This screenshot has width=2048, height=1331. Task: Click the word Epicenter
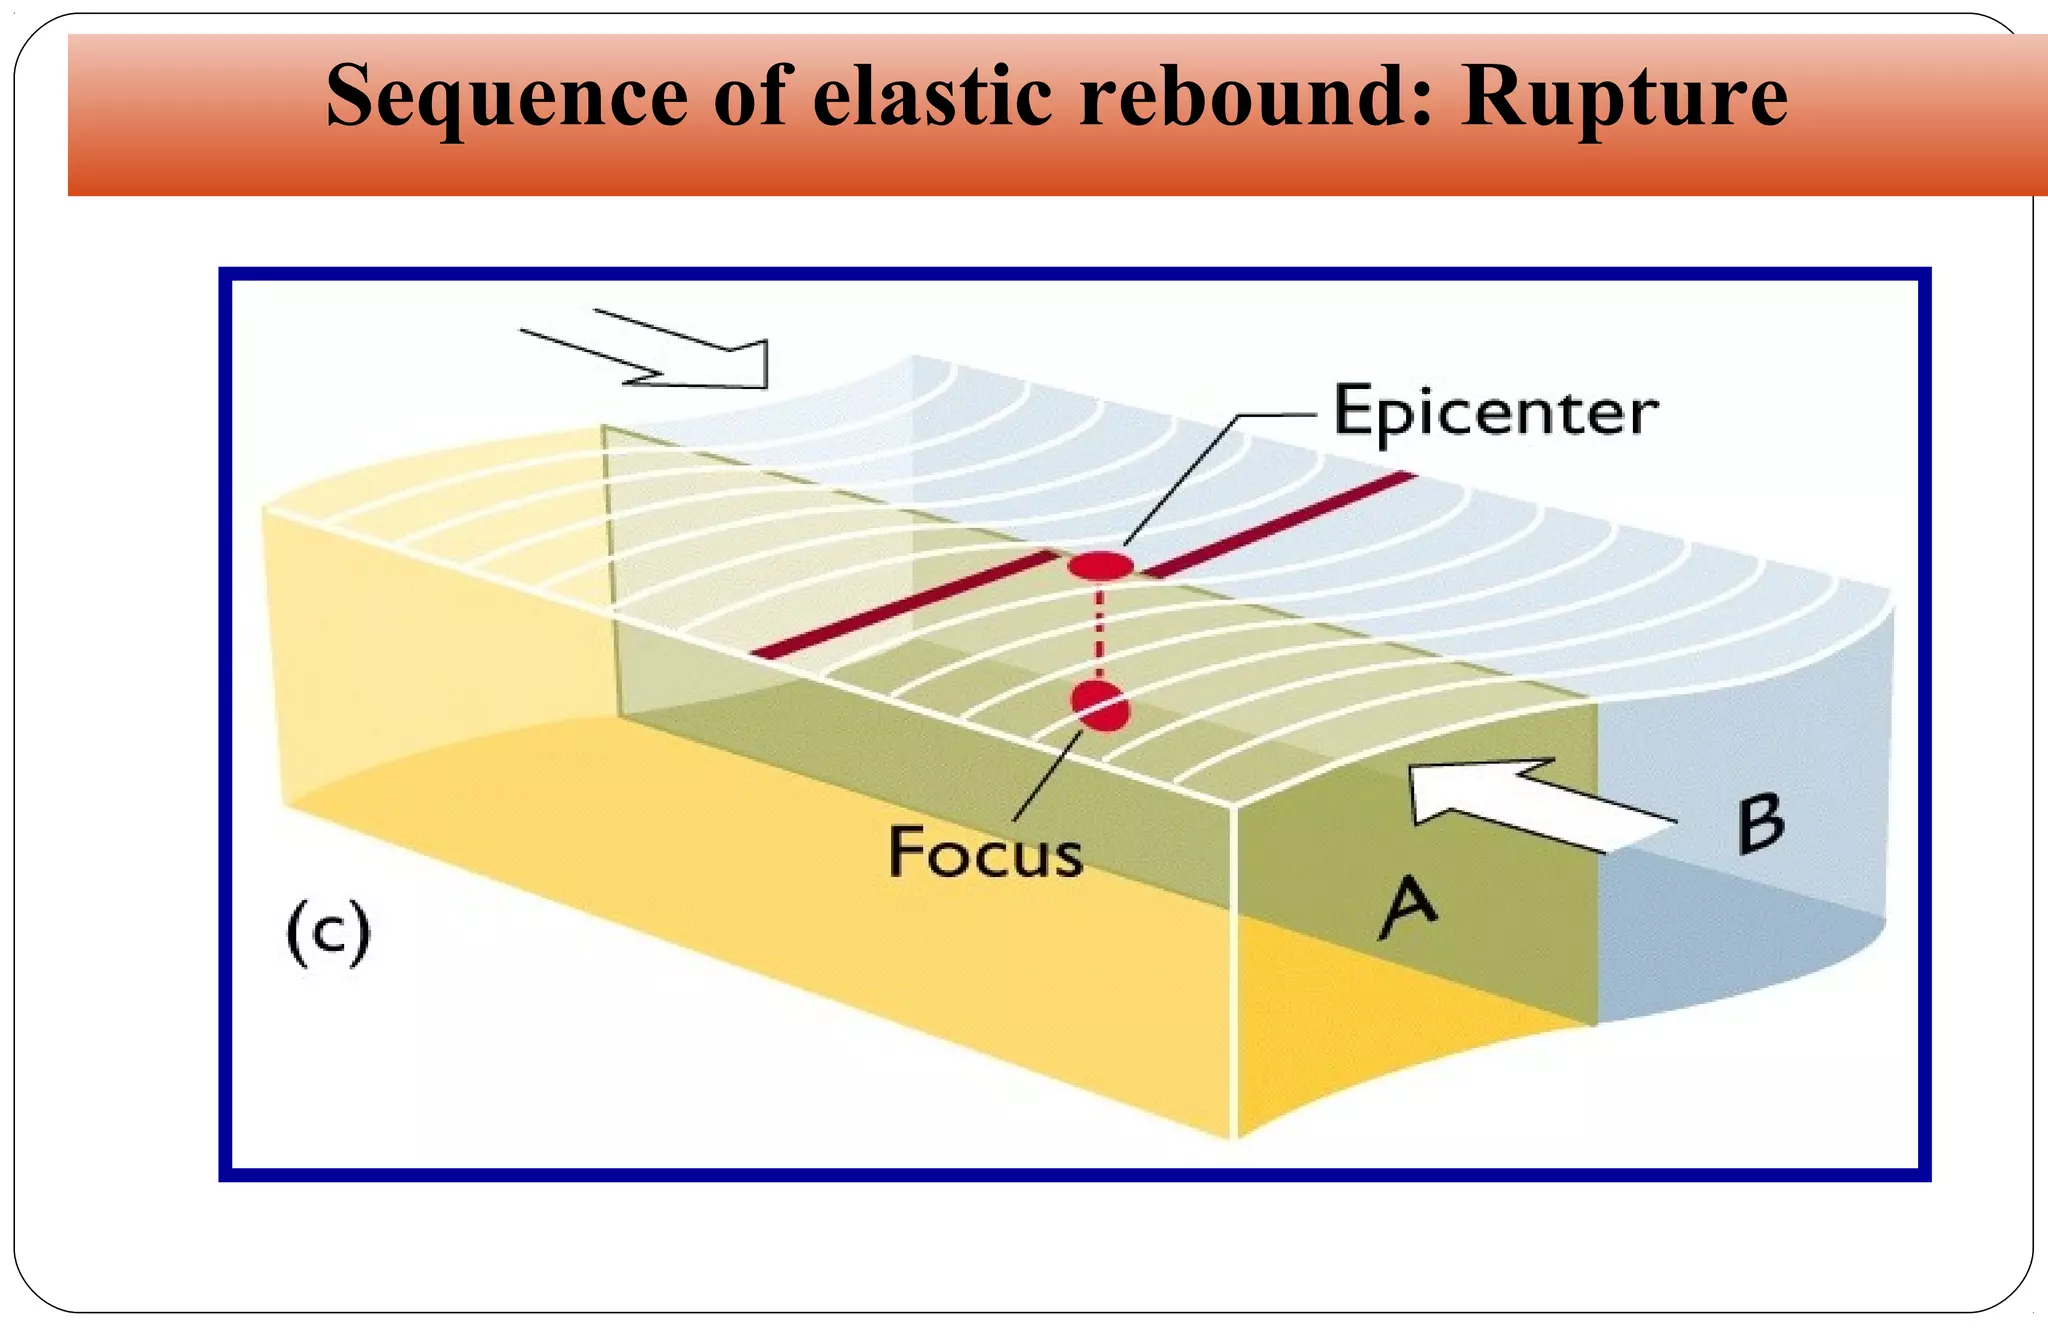1495,412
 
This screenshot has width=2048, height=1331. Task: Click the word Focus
985,853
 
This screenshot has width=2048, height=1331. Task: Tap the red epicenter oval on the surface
1100,565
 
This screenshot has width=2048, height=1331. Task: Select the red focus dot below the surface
1100,705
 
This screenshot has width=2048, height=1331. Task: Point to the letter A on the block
1408,906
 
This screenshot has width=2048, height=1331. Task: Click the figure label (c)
328,932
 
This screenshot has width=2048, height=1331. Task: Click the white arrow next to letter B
1530,805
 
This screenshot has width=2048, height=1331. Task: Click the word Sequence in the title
506,97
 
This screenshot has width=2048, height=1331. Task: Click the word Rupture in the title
1624,97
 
